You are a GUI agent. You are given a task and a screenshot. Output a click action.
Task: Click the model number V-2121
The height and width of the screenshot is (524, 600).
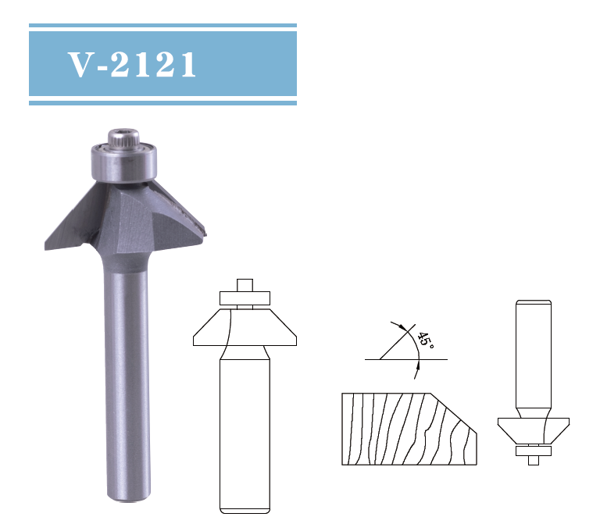coord(132,66)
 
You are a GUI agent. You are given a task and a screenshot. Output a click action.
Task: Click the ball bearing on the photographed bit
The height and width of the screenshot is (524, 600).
coord(124,161)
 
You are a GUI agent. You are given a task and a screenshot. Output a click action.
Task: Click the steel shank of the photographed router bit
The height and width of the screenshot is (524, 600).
coord(124,375)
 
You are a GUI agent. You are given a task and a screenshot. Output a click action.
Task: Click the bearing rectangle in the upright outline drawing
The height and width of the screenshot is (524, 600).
coord(245,298)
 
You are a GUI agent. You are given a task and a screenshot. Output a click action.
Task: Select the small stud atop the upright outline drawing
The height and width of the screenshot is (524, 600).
coord(245,284)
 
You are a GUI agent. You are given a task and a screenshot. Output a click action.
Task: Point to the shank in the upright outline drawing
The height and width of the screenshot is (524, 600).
coord(245,430)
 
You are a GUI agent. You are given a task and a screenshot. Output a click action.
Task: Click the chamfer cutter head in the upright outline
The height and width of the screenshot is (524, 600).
coord(245,328)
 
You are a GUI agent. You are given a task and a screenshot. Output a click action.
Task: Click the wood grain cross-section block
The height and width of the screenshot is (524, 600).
coord(398,430)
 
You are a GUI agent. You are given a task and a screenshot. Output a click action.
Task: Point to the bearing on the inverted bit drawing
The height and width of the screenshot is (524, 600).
coord(534,451)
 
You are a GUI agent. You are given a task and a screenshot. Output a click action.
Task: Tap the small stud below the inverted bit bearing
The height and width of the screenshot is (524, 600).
coord(534,460)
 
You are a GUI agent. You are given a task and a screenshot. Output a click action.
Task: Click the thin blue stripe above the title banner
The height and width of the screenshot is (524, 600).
coord(162,25)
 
